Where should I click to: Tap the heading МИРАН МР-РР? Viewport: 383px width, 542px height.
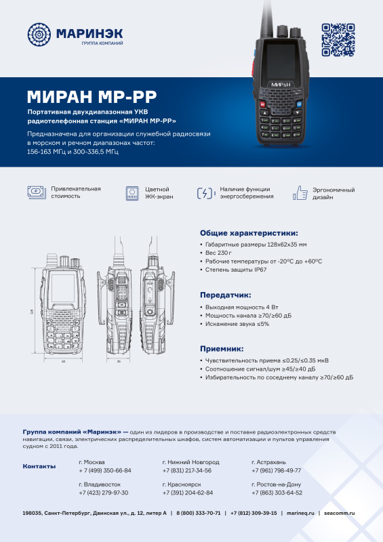tap(92, 95)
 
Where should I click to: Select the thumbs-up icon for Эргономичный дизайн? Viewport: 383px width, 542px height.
tap(300, 193)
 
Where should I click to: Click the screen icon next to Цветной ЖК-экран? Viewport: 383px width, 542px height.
tap(133, 193)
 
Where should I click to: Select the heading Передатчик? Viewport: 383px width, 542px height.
tap(225, 295)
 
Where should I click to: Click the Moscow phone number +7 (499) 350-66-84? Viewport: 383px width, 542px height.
tap(105, 470)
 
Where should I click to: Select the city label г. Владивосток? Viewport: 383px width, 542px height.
tap(100, 485)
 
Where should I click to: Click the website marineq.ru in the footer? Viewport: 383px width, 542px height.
tap(301, 514)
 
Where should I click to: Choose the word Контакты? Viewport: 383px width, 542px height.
tap(39, 466)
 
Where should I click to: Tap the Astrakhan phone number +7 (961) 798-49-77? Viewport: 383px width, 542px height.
tap(276, 470)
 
